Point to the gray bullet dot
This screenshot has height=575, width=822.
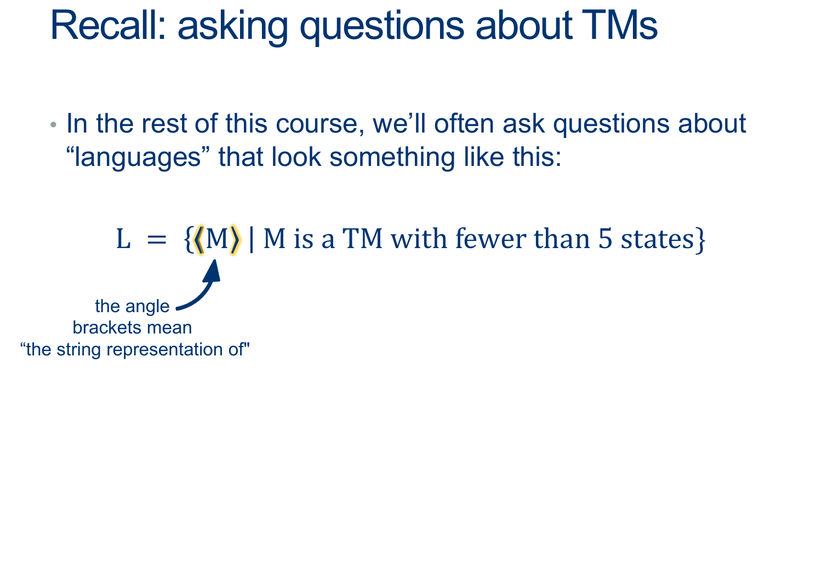[53, 125]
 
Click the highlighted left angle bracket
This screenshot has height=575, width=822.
[199, 239]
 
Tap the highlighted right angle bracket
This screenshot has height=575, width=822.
[235, 239]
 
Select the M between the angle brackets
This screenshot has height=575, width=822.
[217, 239]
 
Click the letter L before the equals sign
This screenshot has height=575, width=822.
[123, 239]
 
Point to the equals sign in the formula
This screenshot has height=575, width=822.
[157, 240]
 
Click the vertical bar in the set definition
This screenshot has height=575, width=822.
[251, 239]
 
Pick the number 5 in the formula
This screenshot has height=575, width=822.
[606, 239]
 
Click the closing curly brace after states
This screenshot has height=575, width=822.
[700, 239]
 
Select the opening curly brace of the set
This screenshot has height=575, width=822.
[189, 239]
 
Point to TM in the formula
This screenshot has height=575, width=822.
[363, 239]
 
